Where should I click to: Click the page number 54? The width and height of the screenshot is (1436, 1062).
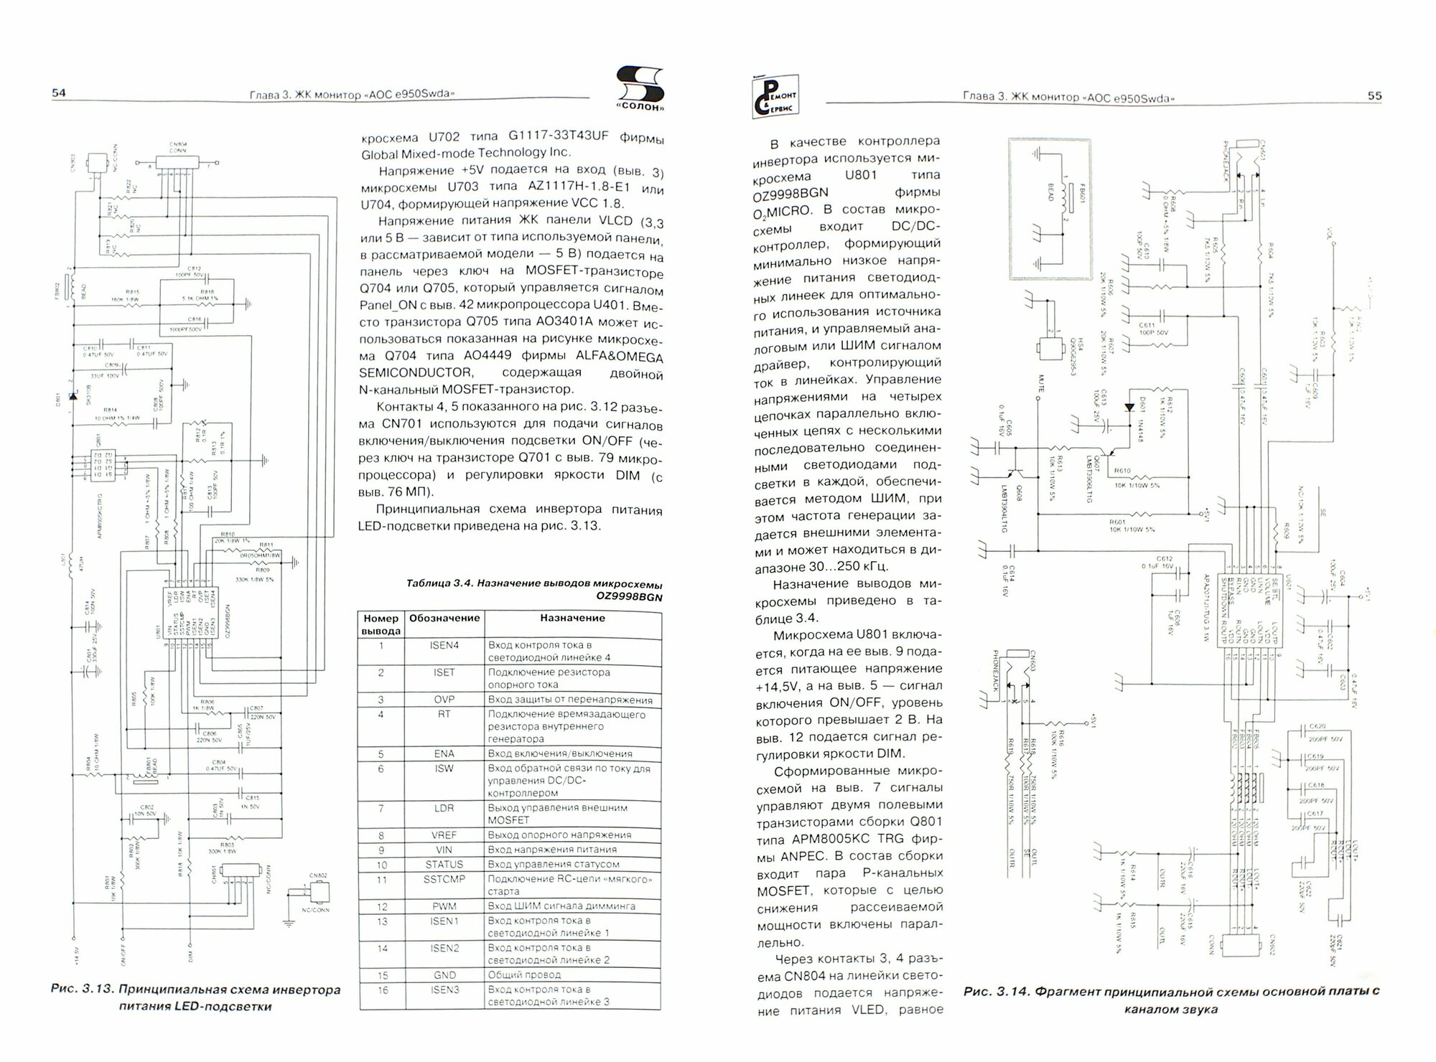pyautogui.click(x=58, y=93)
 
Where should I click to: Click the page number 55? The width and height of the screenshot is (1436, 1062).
pyautogui.click(x=1374, y=96)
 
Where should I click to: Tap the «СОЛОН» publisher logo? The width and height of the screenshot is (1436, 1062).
pyautogui.click(x=640, y=90)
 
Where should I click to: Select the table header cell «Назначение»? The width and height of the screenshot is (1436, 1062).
pyautogui.click(x=572, y=618)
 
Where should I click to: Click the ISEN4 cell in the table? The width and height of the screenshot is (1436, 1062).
pyautogui.click(x=444, y=645)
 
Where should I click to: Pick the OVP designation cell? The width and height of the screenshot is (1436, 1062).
pyautogui.click(x=444, y=700)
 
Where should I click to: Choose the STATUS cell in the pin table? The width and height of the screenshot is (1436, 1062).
pyautogui.click(x=444, y=865)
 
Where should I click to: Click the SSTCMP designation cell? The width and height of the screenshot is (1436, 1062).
pyautogui.click(x=444, y=879)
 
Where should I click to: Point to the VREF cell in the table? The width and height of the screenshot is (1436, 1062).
pyautogui.click(x=444, y=835)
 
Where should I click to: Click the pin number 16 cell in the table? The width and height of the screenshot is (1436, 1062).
pyautogui.click(x=381, y=990)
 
